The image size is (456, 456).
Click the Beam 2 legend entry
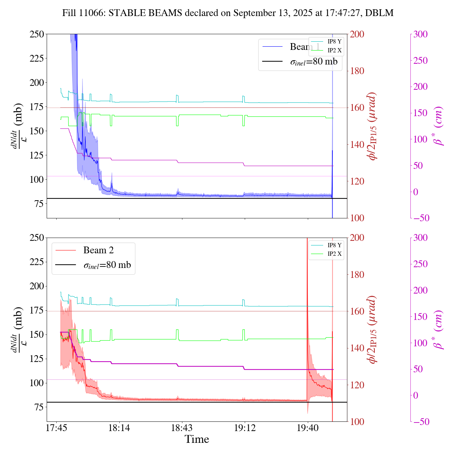point(98,250)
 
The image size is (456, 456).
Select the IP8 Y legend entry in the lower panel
point(334,245)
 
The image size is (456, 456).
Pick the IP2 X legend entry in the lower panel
point(334,254)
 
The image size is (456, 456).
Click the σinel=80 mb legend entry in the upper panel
point(313,62)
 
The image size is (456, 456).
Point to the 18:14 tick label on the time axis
point(119,428)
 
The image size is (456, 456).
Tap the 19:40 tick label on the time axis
point(308,428)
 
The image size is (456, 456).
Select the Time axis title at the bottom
point(197,439)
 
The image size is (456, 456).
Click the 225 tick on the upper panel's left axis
point(37,58)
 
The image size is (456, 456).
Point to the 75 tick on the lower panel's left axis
point(39,407)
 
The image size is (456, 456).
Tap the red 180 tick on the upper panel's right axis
point(357,71)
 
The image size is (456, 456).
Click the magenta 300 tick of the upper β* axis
point(420,34)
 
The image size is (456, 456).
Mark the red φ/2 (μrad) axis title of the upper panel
point(373,126)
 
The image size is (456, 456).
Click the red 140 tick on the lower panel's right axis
point(357,348)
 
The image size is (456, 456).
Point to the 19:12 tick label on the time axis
point(245,428)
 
